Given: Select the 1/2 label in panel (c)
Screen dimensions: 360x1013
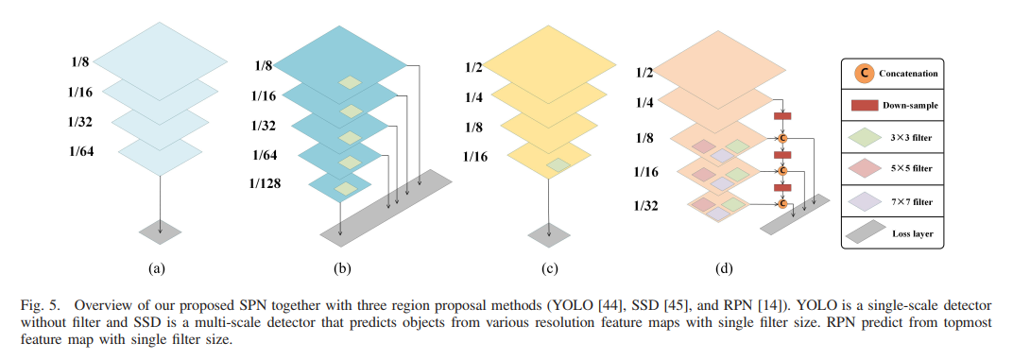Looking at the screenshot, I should tap(474, 67).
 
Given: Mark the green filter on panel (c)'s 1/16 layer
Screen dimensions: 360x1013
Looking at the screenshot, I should tap(559, 165).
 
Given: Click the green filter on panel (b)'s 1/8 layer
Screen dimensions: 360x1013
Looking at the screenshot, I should tap(352, 83).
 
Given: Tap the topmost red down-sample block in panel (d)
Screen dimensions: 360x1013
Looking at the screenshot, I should tap(782, 115).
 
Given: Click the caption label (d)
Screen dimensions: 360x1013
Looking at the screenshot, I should tap(725, 270).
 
